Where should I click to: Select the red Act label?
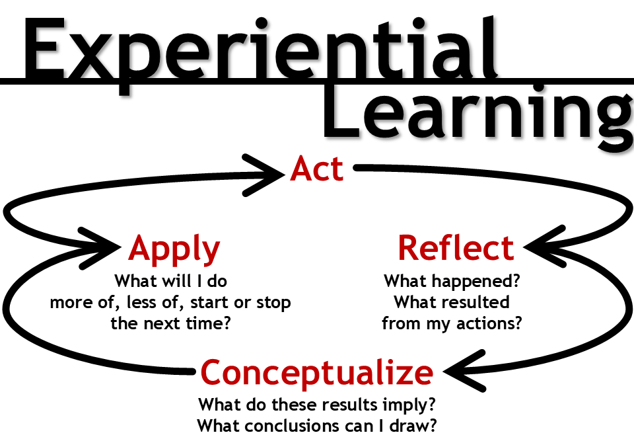click(x=317, y=170)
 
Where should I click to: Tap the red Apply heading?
click(x=174, y=249)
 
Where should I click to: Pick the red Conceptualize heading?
click(x=317, y=373)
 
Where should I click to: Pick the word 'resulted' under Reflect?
click(x=477, y=302)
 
